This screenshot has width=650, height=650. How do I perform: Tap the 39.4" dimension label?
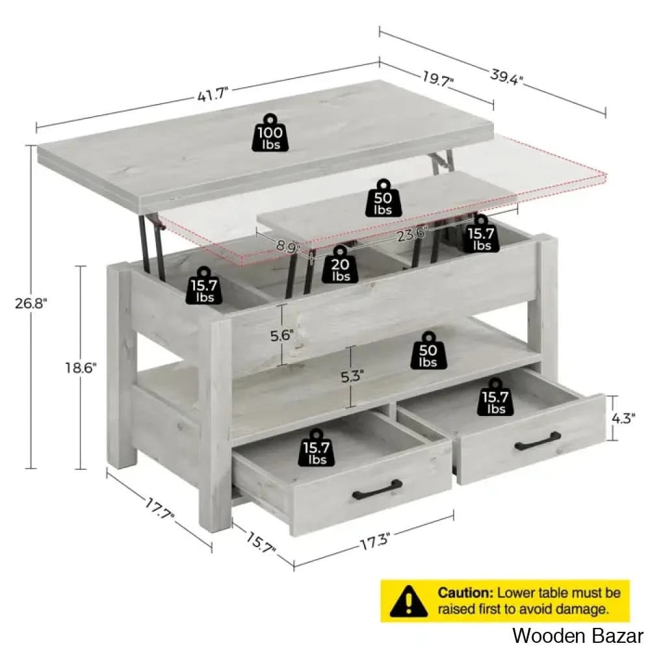coord(506,77)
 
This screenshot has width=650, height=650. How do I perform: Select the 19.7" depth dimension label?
coord(438,79)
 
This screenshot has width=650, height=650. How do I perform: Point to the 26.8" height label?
coord(31,304)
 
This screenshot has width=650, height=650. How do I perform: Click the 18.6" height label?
coord(81,368)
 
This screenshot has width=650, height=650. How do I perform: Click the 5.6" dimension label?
coord(282,335)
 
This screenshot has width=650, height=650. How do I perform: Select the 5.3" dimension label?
coord(352,377)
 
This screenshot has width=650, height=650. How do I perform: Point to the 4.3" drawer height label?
coord(623,418)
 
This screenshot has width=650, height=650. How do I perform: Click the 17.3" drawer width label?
coord(375,542)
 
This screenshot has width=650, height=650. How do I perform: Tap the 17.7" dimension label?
coord(160,509)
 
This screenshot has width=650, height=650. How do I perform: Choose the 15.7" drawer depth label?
coord(261,542)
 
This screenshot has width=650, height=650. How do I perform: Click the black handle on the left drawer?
coord(377,489)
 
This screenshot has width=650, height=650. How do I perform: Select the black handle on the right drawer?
coord(538,441)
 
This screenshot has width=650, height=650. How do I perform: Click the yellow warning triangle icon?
coord(409,601)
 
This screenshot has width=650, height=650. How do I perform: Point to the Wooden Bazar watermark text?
coord(577,635)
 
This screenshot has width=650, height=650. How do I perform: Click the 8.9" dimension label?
coord(289,246)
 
